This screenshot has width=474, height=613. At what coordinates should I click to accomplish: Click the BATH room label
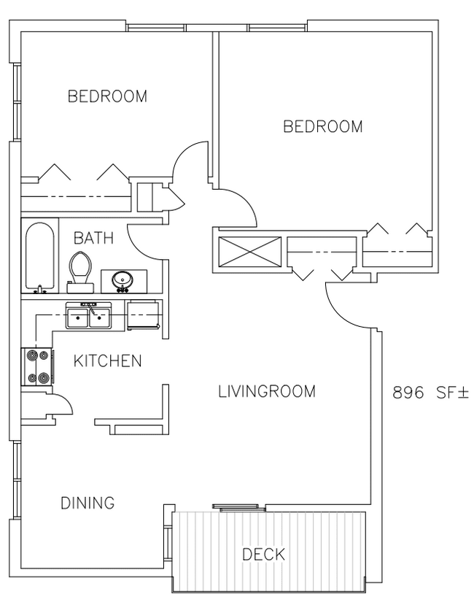pyautogui.click(x=93, y=238)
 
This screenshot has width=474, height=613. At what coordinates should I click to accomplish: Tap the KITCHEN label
pyautogui.click(x=107, y=361)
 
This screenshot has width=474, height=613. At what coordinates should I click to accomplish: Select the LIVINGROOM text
pyautogui.click(x=266, y=391)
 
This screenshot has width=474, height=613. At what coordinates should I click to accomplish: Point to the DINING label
pyautogui.click(x=88, y=503)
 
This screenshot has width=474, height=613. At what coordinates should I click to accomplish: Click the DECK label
pyautogui.click(x=264, y=555)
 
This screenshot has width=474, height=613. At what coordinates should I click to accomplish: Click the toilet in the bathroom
pyautogui.click(x=80, y=272)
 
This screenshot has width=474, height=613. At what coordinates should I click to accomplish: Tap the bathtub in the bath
pyautogui.click(x=40, y=257)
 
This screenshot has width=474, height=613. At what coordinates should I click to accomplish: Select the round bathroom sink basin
pyautogui.click(x=123, y=280)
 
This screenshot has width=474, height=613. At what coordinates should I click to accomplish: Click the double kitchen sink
pyautogui.click(x=89, y=315)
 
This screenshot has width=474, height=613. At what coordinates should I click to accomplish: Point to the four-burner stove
pyautogui.click(x=36, y=366)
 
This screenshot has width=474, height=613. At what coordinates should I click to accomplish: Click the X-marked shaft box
pyautogui.click(x=249, y=252)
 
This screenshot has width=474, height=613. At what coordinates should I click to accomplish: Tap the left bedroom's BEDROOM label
pyautogui.click(x=107, y=96)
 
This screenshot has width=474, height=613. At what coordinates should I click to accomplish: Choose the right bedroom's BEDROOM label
pyautogui.click(x=323, y=127)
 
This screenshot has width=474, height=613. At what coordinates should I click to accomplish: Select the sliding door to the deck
pyautogui.click(x=238, y=507)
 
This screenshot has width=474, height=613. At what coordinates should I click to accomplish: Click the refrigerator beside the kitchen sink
pyautogui.click(x=143, y=315)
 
